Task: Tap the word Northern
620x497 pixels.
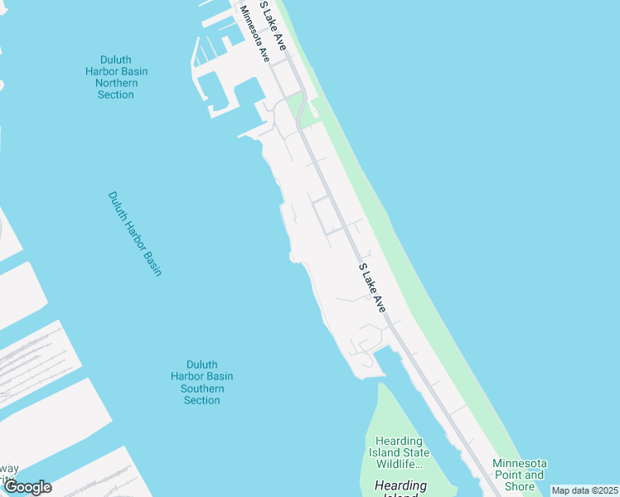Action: [x=116, y=83]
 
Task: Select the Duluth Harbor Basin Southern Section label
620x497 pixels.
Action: [x=202, y=382]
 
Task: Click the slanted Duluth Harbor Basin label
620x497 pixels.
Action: [x=134, y=234]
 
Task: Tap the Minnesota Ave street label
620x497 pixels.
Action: [x=255, y=34]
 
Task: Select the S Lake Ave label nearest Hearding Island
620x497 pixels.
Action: [x=372, y=287]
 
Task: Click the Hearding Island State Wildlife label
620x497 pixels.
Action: [x=402, y=452]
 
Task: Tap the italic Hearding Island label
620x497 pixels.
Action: [x=400, y=486]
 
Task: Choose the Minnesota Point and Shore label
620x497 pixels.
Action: [x=519, y=475]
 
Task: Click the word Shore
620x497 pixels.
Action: [x=520, y=486]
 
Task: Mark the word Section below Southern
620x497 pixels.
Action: [x=202, y=400]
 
